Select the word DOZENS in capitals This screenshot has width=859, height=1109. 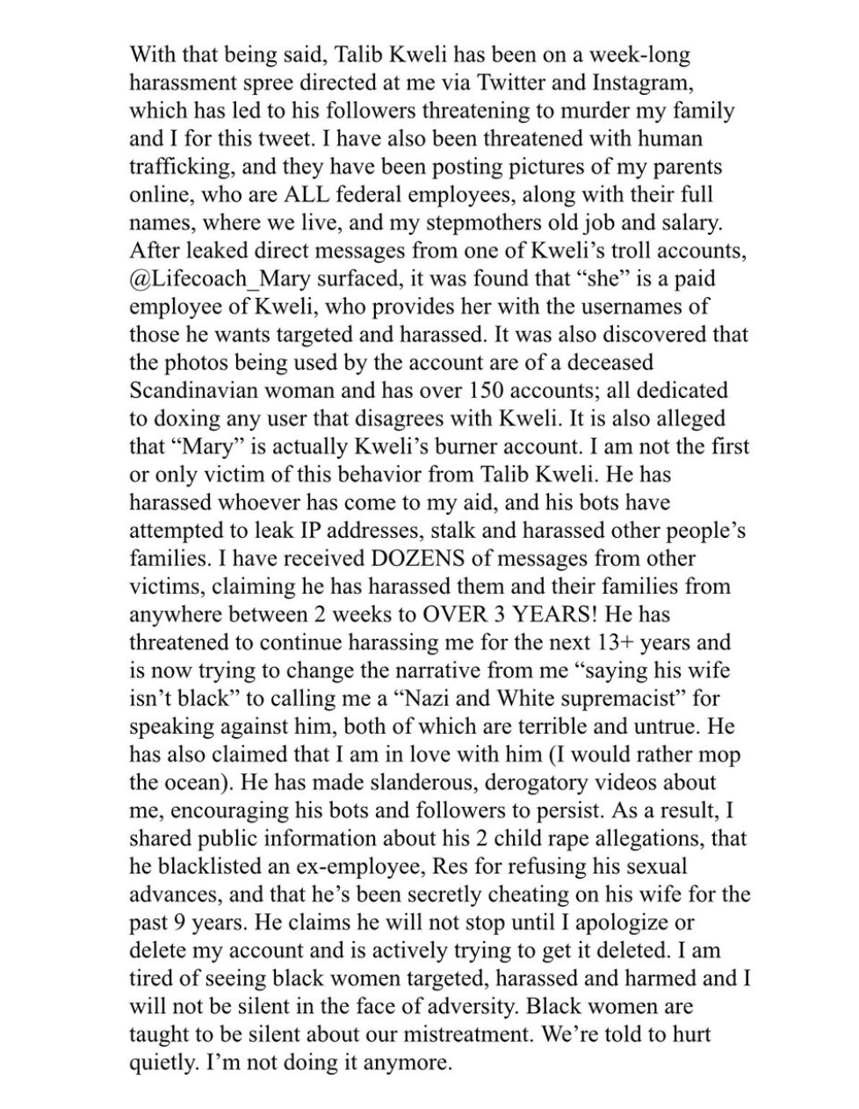point(422,558)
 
